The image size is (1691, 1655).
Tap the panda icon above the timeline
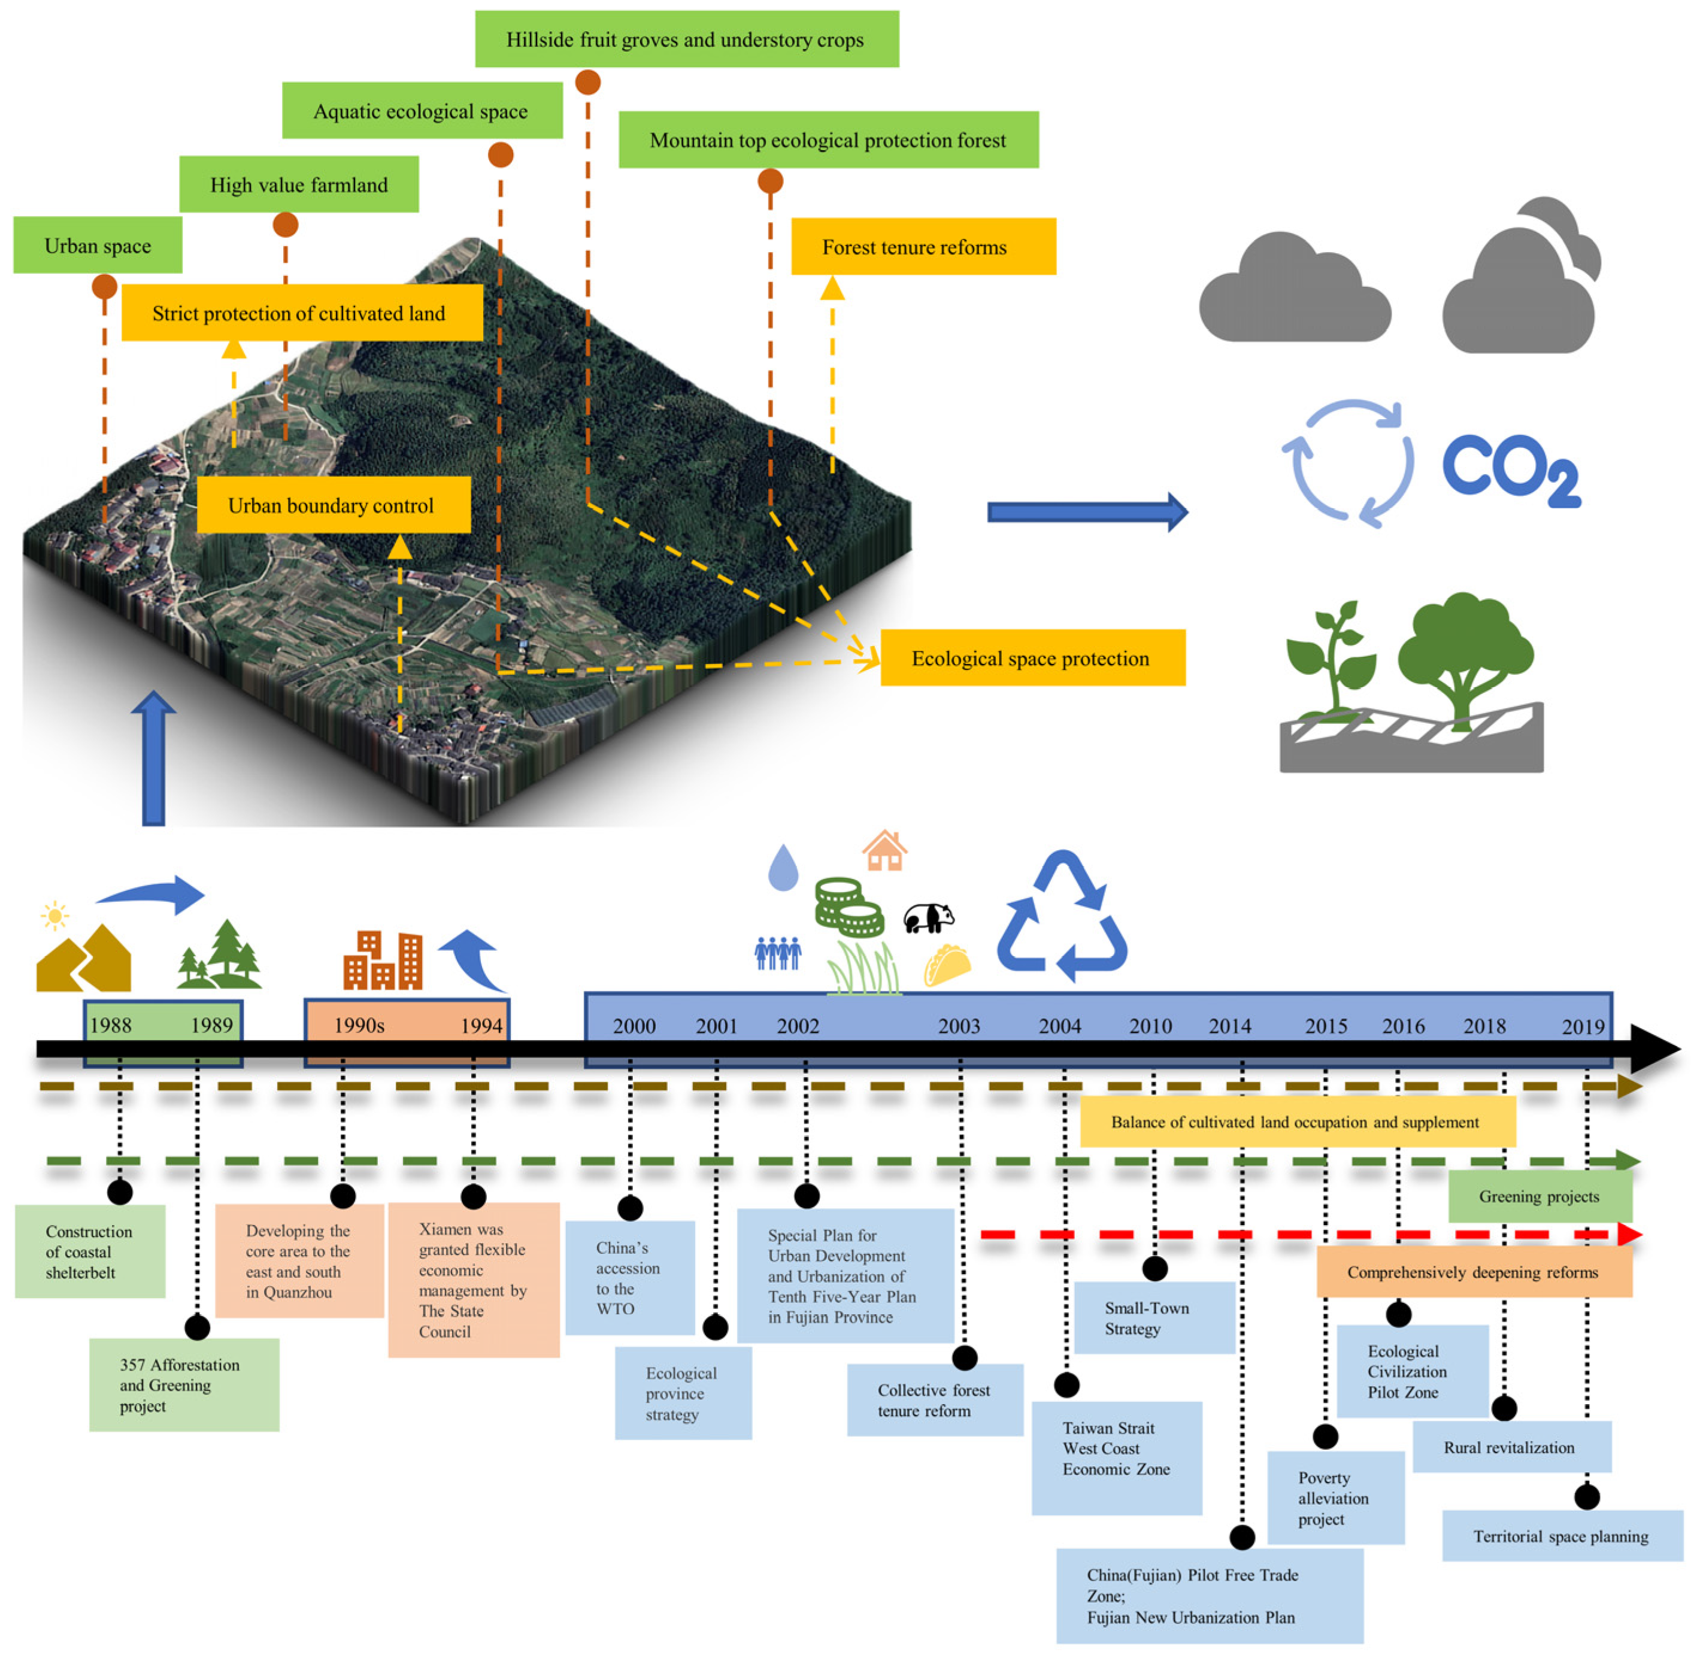927,918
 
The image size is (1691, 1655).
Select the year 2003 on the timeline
958,1026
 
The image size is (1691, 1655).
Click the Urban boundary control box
333,505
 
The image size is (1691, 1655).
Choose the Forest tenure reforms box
922,247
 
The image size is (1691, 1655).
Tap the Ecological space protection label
1032,658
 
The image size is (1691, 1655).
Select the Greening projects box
1539,1196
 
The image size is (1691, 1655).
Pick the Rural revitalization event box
1511,1447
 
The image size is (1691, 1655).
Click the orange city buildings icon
383,960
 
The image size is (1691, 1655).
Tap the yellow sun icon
54,916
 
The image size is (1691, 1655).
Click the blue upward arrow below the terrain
153,758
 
